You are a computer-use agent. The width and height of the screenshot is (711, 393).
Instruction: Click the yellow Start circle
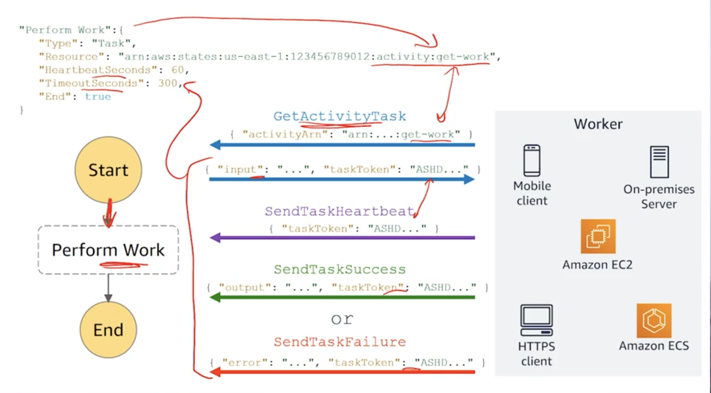pos(108,170)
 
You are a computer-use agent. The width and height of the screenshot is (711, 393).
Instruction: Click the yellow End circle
pos(108,330)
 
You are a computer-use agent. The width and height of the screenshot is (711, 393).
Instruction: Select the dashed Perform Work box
pos(108,250)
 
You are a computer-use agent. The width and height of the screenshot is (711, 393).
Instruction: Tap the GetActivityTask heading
pos(339,116)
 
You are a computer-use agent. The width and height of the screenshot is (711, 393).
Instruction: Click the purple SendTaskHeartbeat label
pos(339,212)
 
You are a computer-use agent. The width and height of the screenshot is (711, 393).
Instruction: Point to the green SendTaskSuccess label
pos(339,269)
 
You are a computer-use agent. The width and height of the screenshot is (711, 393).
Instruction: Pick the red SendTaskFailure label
pos(339,342)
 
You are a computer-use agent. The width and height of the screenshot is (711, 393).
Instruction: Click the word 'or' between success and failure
pos(342,319)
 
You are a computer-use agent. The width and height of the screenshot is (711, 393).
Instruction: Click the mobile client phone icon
pos(532,161)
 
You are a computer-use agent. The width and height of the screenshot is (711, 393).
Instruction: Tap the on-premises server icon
pos(659,162)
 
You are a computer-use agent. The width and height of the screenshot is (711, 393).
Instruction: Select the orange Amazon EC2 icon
pos(598,236)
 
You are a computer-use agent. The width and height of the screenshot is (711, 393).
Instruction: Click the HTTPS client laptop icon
pos(536,320)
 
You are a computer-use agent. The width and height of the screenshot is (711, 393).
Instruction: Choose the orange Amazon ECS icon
pos(654,321)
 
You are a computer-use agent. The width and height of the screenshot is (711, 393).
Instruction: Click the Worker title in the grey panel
pos(598,124)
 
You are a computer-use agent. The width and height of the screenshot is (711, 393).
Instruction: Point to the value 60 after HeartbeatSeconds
pos(178,70)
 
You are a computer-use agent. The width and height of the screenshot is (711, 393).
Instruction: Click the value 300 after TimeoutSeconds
pos(168,83)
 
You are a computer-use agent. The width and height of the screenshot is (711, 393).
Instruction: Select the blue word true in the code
pos(98,97)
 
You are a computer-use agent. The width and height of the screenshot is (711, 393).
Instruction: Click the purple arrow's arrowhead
pos(215,238)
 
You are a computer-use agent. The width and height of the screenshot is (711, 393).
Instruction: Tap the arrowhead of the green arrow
pos(215,297)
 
